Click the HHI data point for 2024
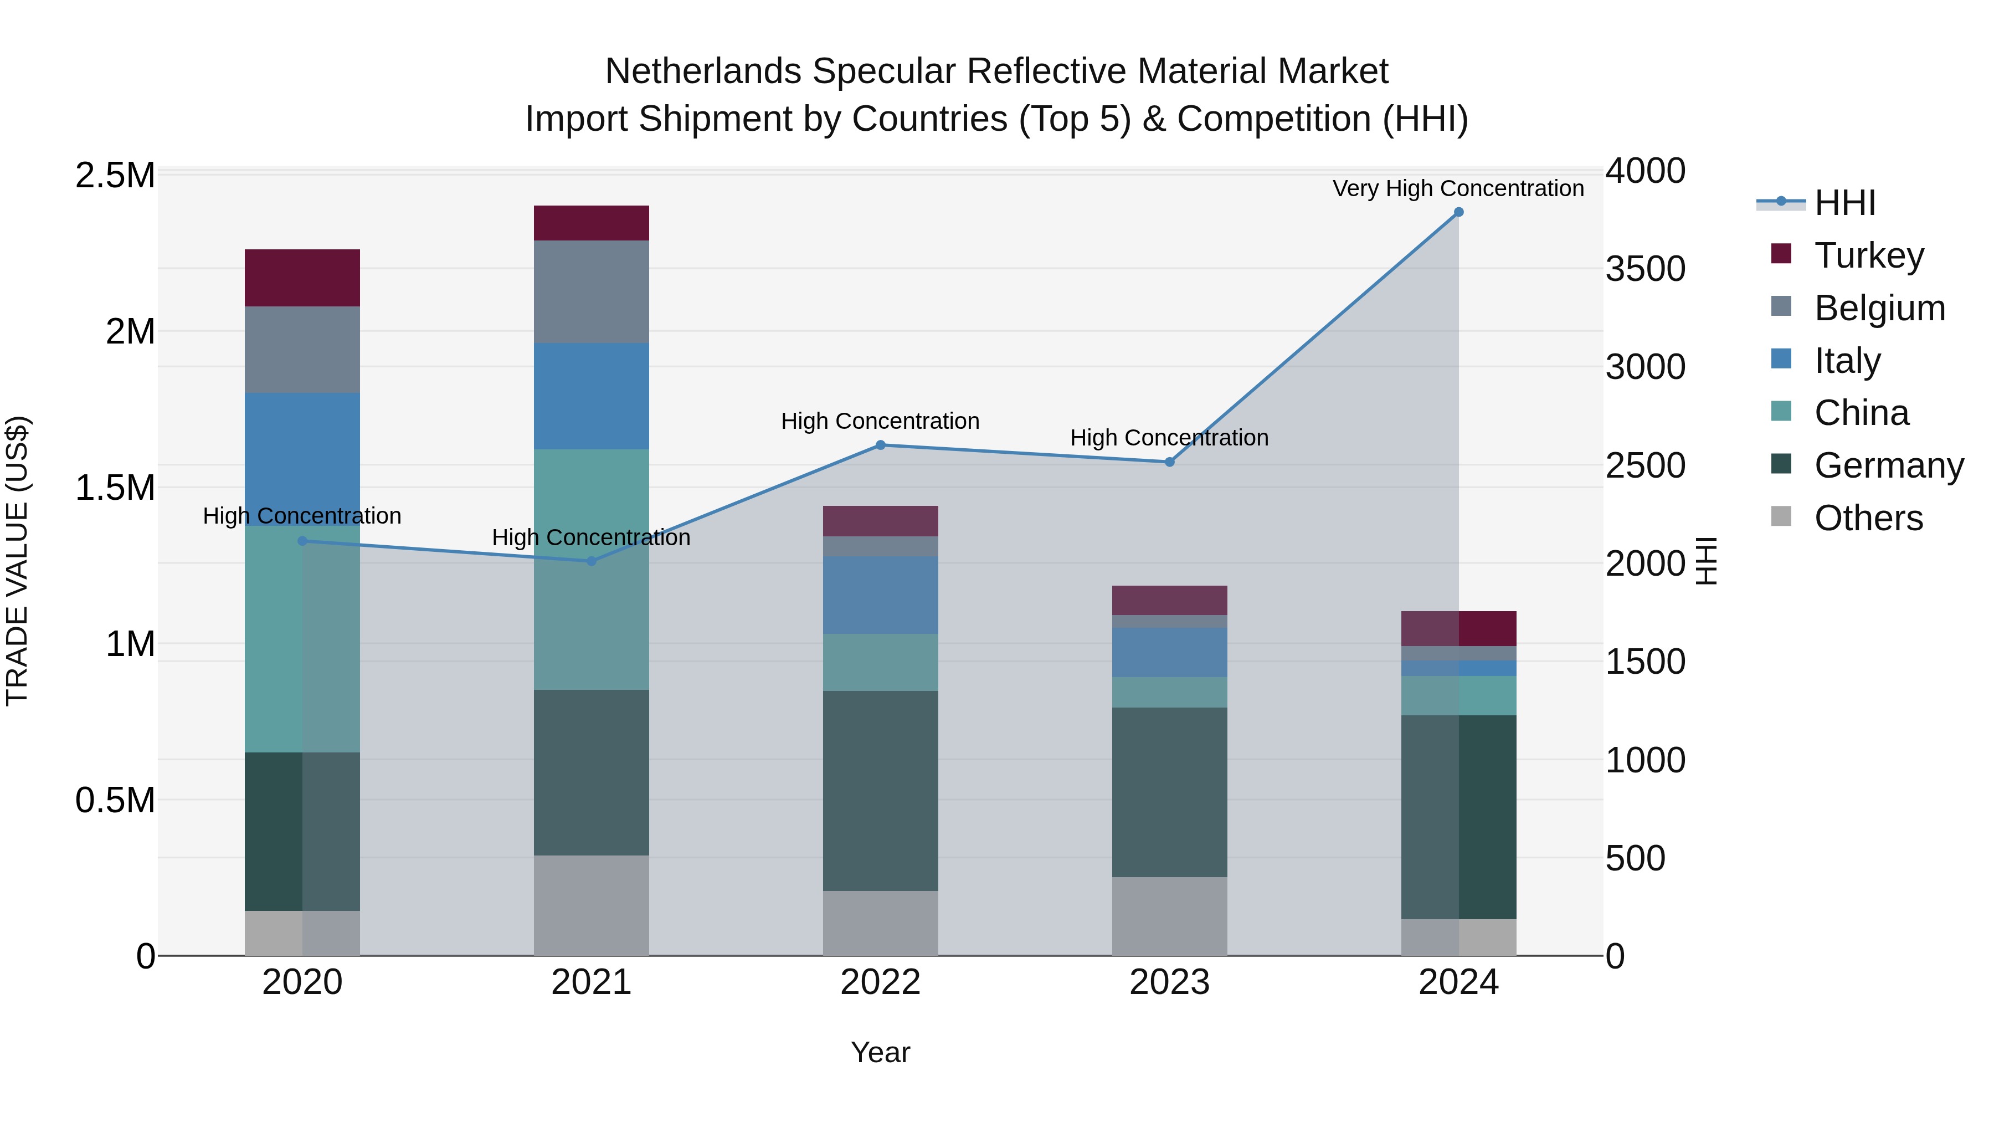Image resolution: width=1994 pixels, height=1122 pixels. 1458,212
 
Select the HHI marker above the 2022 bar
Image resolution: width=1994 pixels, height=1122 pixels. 880,445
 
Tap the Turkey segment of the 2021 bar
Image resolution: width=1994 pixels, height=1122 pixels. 592,223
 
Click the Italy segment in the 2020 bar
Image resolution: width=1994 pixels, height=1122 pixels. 302,458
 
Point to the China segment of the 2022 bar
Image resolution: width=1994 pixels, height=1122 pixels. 880,662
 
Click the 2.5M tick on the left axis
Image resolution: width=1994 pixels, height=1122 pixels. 115,176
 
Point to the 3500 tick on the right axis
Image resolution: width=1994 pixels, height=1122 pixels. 1645,269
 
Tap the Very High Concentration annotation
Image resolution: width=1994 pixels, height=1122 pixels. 1458,188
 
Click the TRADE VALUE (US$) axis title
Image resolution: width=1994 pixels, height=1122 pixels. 17,561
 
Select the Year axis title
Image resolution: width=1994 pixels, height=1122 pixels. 880,1052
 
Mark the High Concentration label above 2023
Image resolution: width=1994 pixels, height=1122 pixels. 1169,438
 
